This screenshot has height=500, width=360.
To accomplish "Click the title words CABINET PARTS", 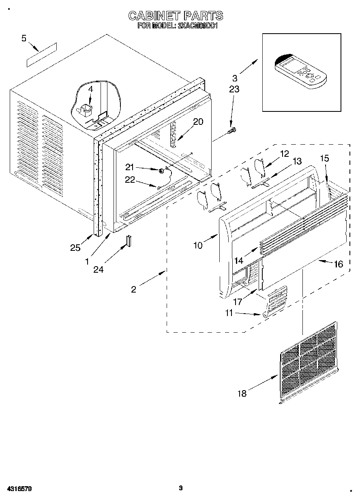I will [x=176, y=16].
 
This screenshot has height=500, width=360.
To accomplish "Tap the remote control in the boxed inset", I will [x=300, y=71].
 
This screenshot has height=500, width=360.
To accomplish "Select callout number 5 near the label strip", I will [x=24, y=38].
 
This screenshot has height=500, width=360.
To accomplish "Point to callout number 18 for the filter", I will [x=242, y=393].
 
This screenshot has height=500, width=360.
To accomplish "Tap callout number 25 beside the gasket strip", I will [x=75, y=248].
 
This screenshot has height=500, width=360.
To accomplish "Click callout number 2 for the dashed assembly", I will [x=134, y=289].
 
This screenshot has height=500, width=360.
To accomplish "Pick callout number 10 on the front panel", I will [x=198, y=245].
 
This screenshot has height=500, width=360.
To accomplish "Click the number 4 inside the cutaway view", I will [x=90, y=89].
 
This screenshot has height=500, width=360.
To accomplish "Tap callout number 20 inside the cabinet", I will [x=198, y=122].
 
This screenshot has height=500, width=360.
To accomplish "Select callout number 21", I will [x=129, y=167].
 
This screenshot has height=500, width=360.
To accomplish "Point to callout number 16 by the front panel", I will [x=338, y=264].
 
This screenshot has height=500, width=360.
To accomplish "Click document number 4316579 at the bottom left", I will [x=19, y=489].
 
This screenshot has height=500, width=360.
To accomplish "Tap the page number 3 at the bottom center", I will [x=181, y=488].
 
